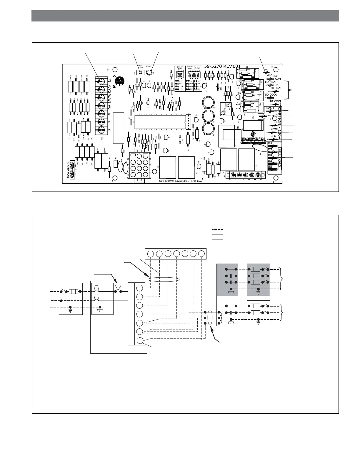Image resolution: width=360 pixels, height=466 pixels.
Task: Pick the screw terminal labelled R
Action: tap(101, 114)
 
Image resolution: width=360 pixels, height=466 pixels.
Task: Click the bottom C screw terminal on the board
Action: tap(101, 130)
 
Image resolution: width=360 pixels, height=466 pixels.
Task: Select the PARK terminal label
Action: tap(269, 75)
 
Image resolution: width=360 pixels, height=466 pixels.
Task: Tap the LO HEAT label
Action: tap(271, 82)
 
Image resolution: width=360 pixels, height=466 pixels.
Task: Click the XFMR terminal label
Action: tap(274, 129)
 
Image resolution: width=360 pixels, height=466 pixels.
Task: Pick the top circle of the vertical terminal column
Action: tap(140, 288)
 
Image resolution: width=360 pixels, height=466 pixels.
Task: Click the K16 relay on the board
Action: tap(252, 126)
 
